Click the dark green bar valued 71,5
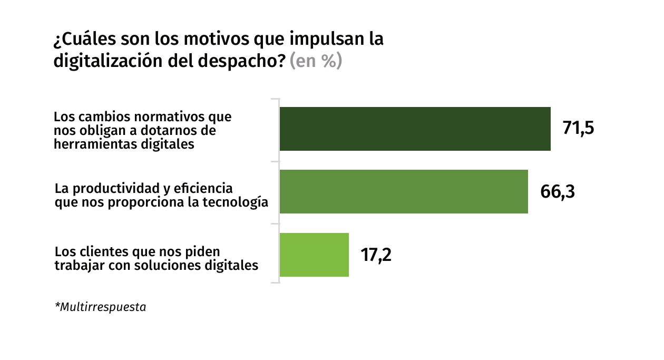(x=415, y=129)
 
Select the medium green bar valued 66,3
(x=404, y=191)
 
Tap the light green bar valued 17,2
(x=314, y=255)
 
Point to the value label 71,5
(x=578, y=129)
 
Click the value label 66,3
(x=557, y=191)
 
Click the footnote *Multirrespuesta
(x=100, y=307)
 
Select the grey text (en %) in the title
(x=316, y=61)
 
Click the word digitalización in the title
(x=100, y=61)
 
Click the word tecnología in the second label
(x=239, y=202)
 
